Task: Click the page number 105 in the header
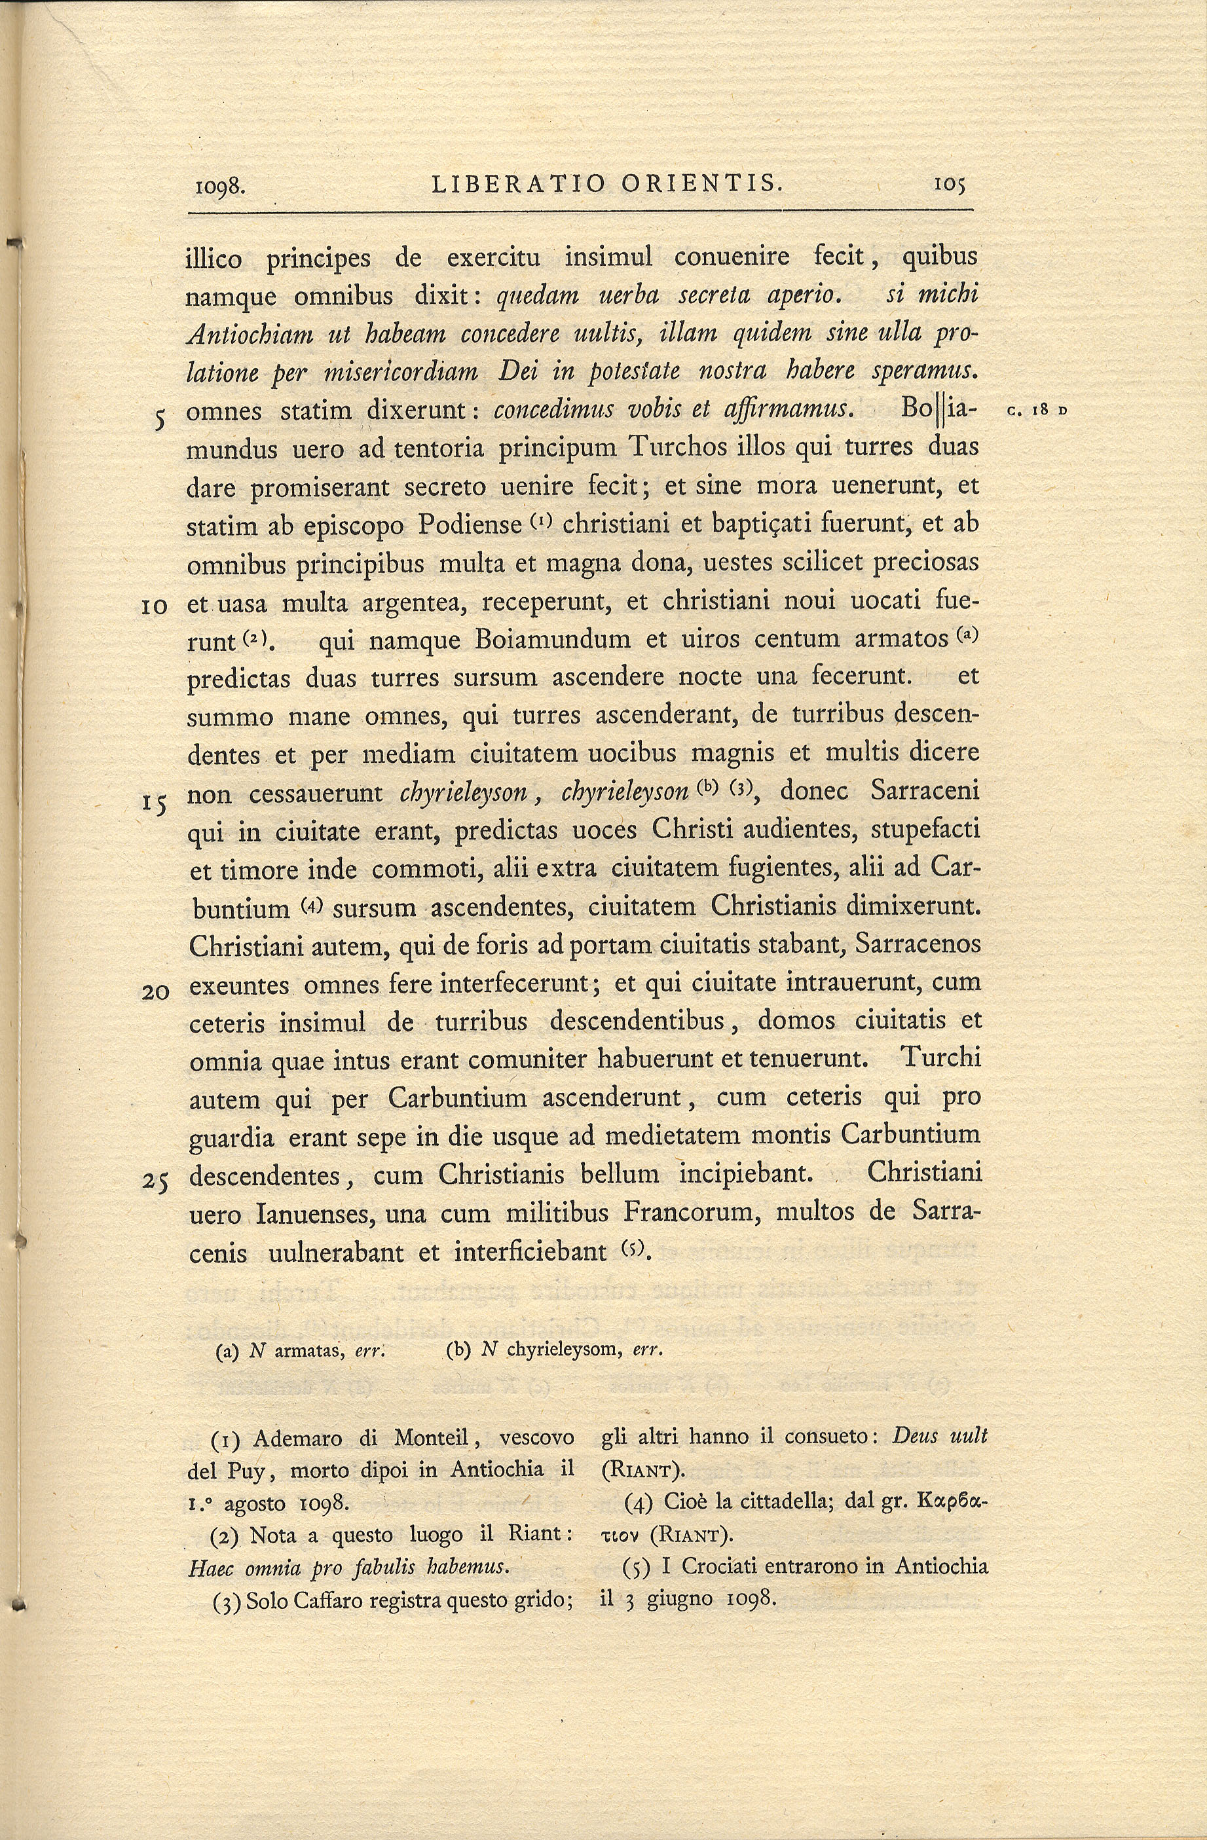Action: pyautogui.click(x=950, y=185)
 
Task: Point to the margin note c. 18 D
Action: pyautogui.click(x=1037, y=411)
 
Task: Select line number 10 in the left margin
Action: pyautogui.click(x=155, y=607)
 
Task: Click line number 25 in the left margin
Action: pyautogui.click(x=155, y=1181)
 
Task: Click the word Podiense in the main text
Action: pyautogui.click(x=470, y=526)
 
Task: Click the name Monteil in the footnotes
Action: pyautogui.click(x=432, y=1437)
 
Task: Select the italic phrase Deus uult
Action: pyautogui.click(x=939, y=1437)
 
